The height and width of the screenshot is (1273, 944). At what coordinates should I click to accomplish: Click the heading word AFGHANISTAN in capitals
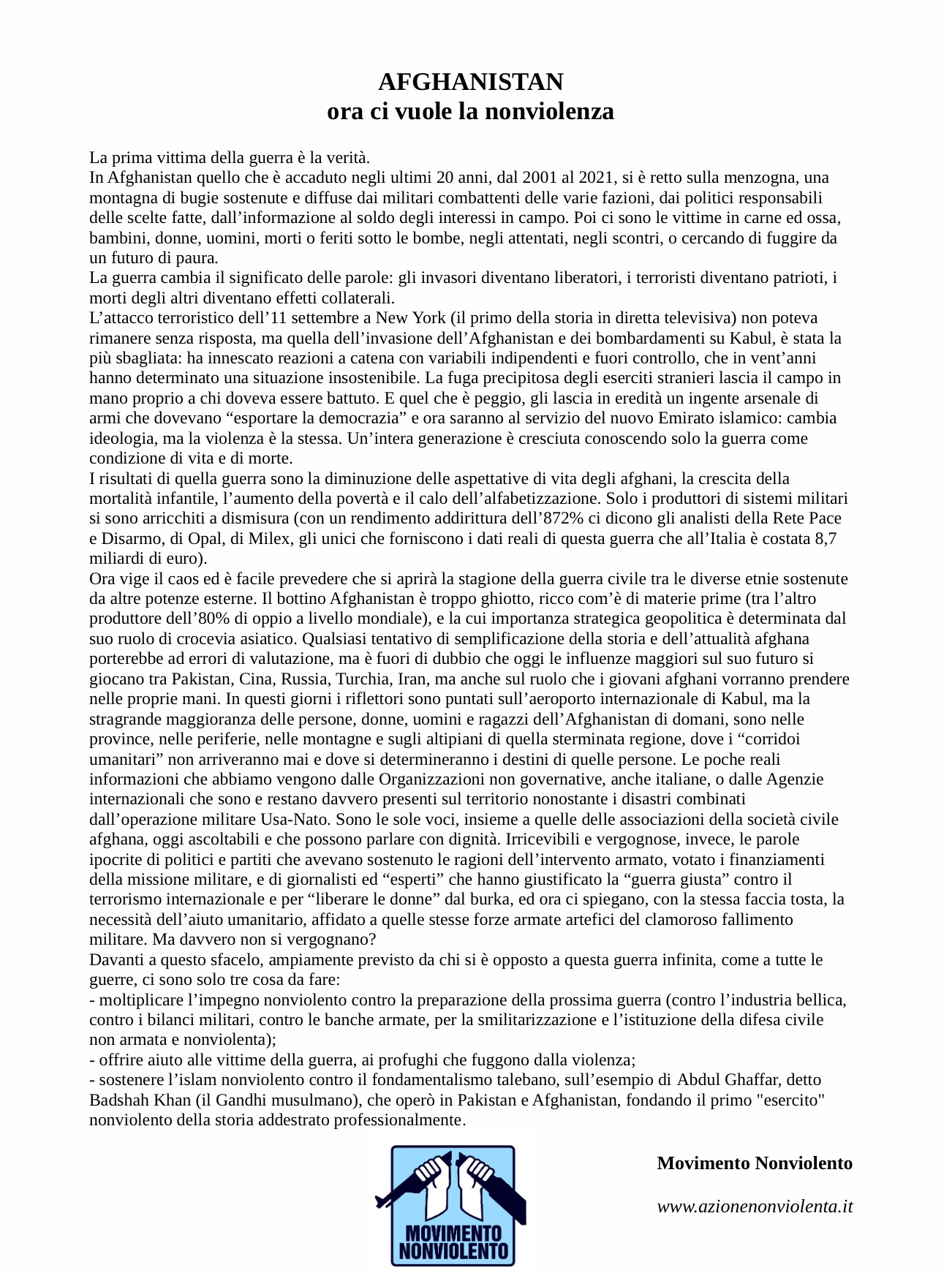click(x=471, y=82)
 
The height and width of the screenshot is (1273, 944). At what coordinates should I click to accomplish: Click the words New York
click(x=410, y=318)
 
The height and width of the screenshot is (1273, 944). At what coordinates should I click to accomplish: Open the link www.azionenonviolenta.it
click(x=755, y=1206)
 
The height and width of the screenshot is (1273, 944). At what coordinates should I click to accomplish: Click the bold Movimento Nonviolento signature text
click(x=755, y=1163)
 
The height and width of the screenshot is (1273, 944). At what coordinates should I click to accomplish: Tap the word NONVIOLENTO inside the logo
click(x=453, y=1251)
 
